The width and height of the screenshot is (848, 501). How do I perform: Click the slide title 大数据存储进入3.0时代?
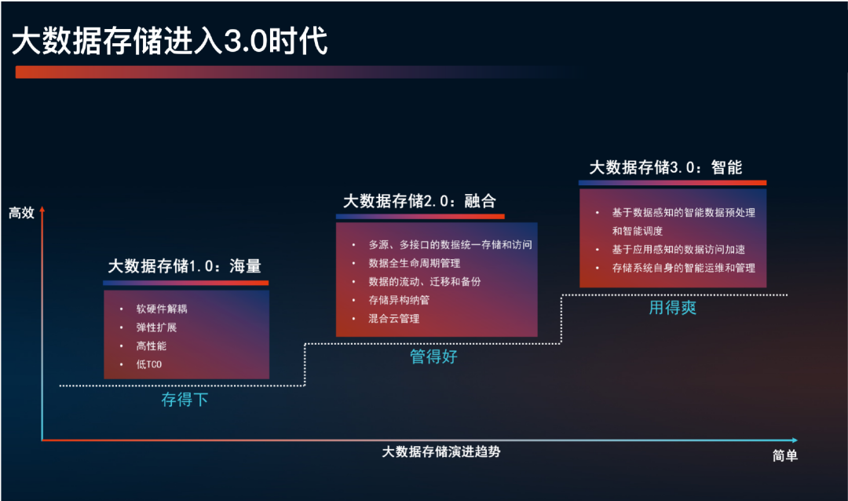tap(169, 42)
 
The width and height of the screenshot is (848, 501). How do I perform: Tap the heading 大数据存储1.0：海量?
tap(185, 267)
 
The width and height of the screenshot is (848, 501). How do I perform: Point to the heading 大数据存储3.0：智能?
tap(666, 167)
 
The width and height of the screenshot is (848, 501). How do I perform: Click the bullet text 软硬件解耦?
tap(162, 309)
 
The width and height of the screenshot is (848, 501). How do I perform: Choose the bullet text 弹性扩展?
tap(156, 327)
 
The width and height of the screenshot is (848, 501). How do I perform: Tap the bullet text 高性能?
tap(152, 346)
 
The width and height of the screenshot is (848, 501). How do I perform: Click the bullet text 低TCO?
tap(149, 364)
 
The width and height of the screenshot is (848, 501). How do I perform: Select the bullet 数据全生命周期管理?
tap(415, 263)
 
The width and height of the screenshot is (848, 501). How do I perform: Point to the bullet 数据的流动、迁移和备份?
tap(425, 281)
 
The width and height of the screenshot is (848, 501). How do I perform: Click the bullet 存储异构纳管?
tap(399, 300)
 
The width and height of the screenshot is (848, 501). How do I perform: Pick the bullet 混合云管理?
tap(394, 319)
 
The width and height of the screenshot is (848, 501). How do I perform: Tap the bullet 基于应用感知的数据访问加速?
tap(678, 250)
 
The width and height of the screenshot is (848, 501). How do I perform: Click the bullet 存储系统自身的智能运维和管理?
tap(684, 269)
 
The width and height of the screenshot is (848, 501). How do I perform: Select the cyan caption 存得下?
tap(185, 400)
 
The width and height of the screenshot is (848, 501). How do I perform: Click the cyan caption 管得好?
tap(433, 357)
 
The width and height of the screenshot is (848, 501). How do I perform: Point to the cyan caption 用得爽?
tap(673, 308)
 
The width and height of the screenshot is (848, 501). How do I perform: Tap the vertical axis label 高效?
tap(21, 213)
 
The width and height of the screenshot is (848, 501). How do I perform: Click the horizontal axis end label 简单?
tap(785, 456)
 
